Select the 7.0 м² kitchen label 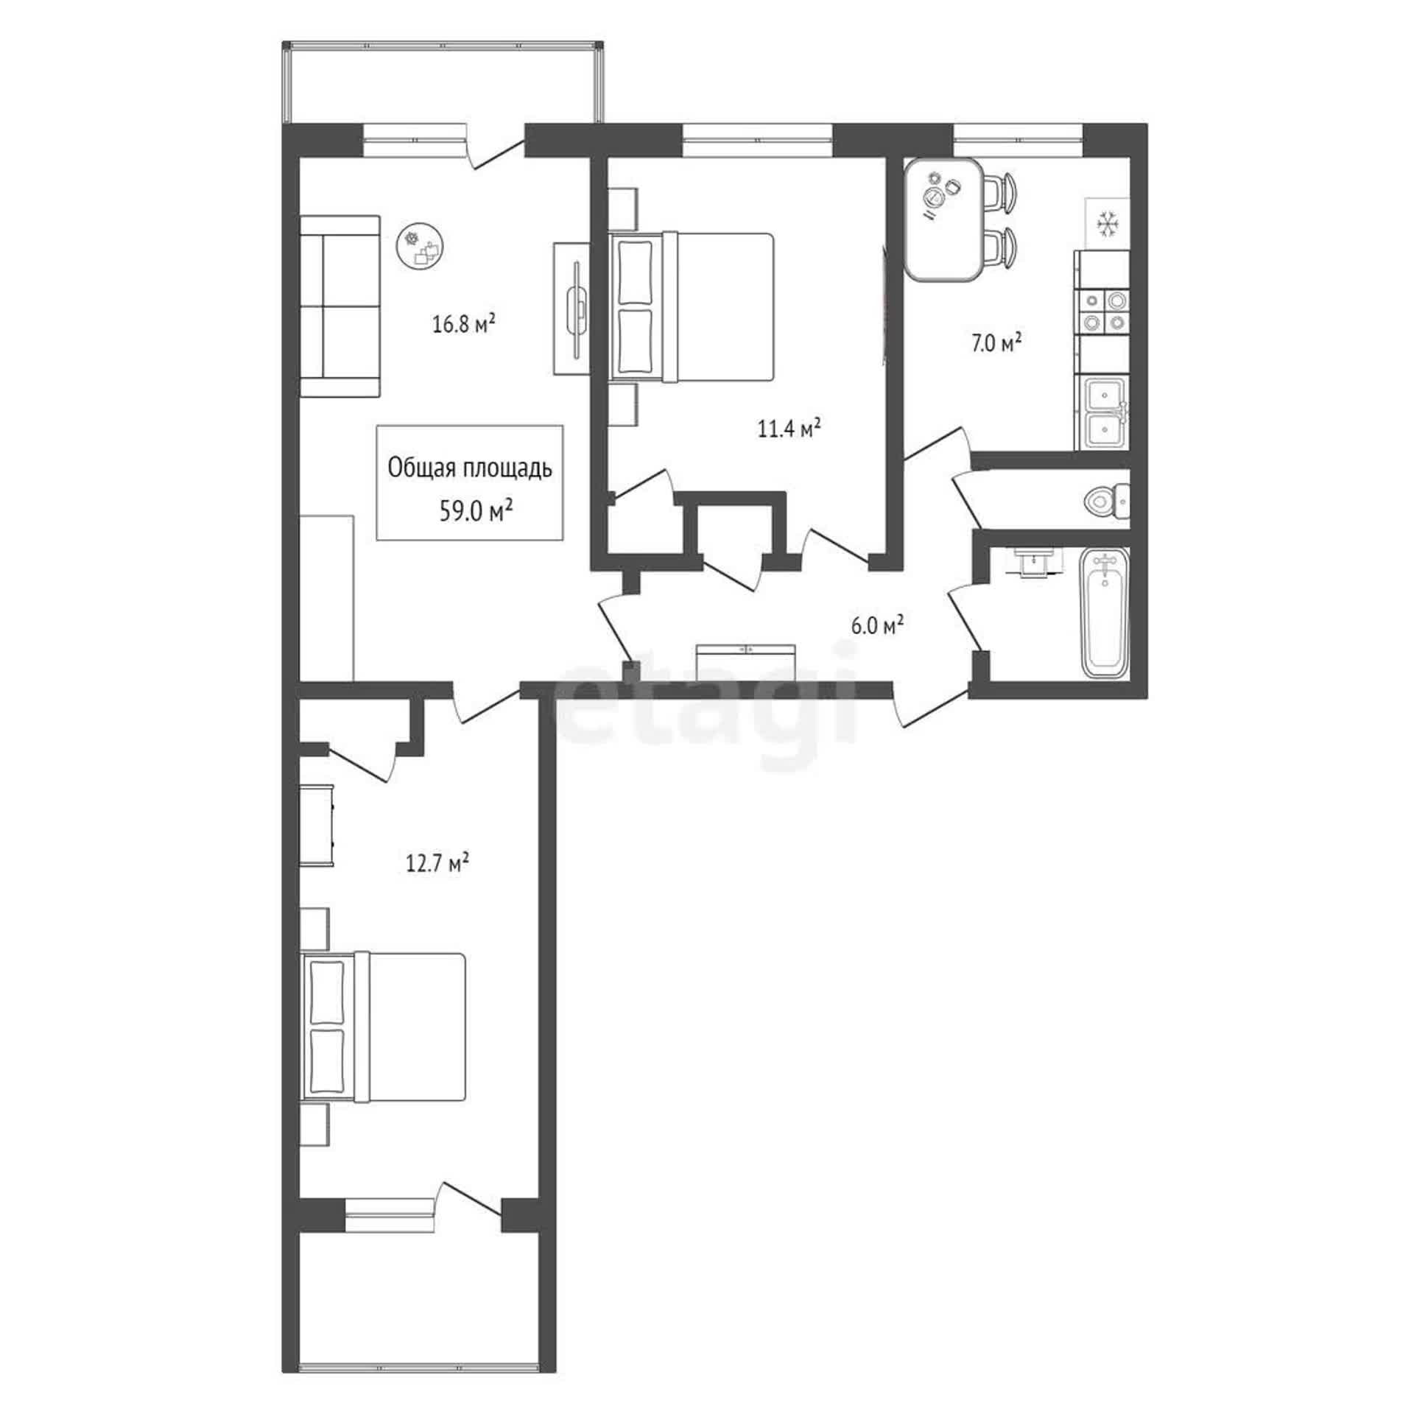(x=996, y=342)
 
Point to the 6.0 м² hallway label (x=877, y=625)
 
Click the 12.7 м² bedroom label (x=438, y=862)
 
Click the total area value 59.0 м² (x=476, y=510)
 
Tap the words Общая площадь (x=470, y=468)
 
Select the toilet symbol (x=1106, y=500)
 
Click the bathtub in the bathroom (x=1104, y=613)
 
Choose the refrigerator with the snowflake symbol (x=1107, y=224)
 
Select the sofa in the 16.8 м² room (x=340, y=306)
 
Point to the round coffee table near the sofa (x=421, y=246)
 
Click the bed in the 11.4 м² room (x=692, y=307)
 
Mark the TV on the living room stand (x=577, y=309)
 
